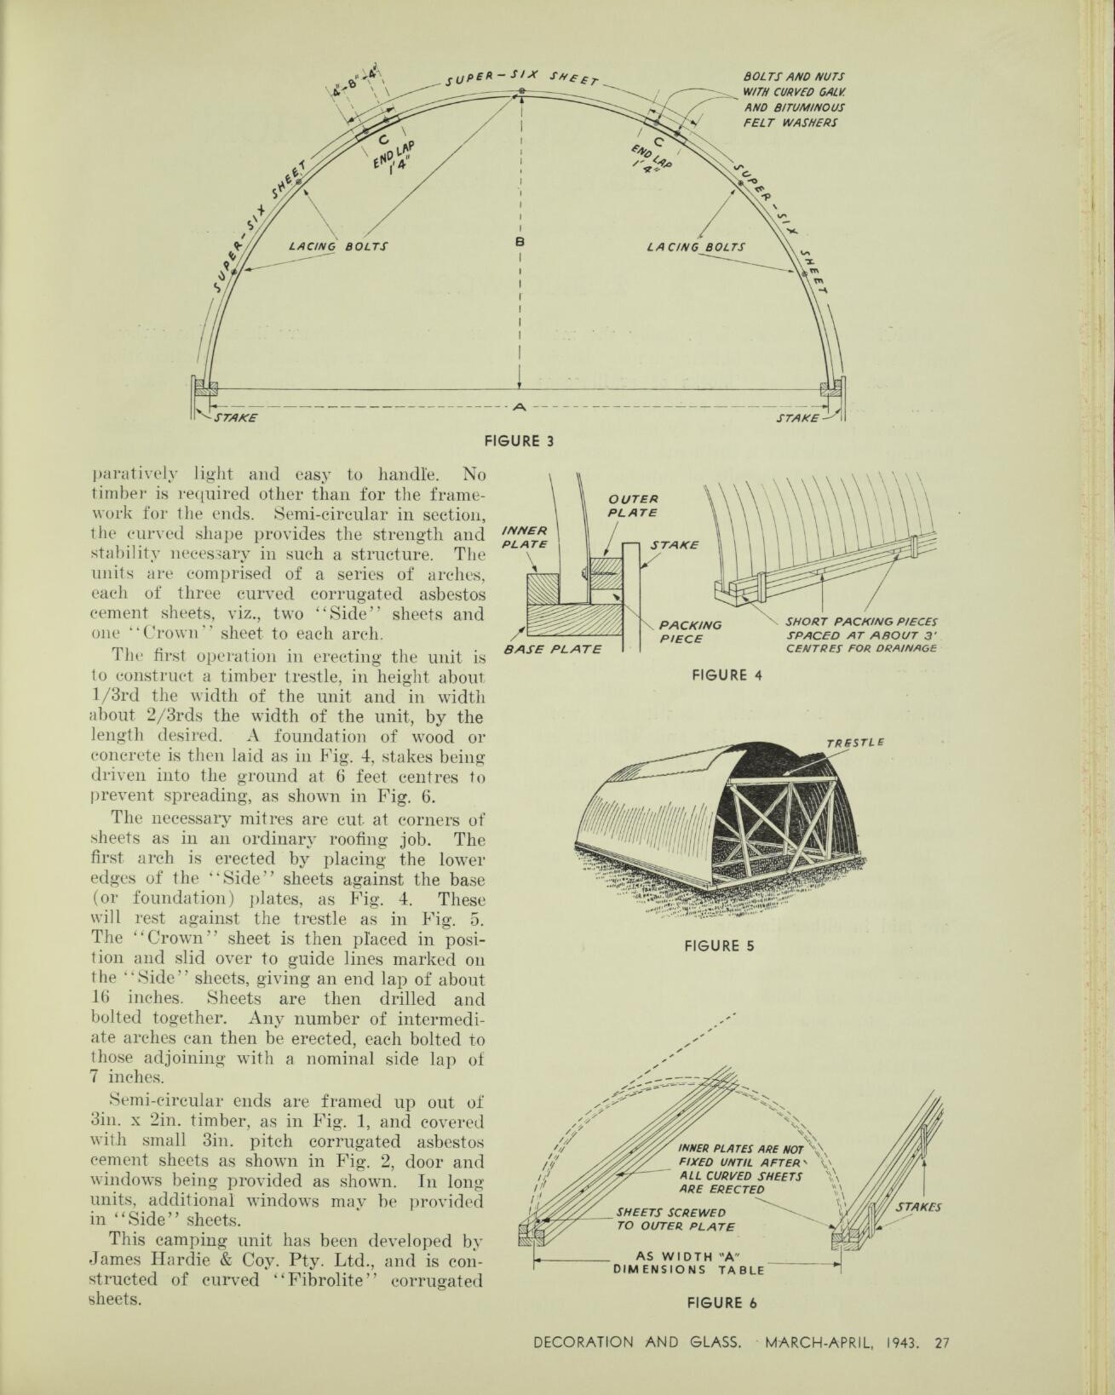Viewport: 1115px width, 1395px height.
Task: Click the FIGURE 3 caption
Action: coord(520,441)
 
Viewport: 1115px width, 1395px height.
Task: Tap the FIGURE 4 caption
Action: coord(727,675)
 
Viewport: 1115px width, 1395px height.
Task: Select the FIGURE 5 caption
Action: coord(720,945)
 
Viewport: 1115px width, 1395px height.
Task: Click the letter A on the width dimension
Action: coord(519,407)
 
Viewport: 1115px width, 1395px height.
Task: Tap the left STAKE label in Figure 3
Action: coord(234,417)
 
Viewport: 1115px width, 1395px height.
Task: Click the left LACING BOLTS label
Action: coord(338,247)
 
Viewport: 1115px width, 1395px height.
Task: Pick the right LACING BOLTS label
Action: coord(696,247)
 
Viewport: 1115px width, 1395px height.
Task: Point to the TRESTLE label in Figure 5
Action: coord(855,743)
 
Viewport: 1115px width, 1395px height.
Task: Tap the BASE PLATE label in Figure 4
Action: coord(552,649)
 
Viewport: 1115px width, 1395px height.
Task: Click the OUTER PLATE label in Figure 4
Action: coord(633,506)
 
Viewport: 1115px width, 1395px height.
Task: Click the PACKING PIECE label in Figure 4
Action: coord(690,632)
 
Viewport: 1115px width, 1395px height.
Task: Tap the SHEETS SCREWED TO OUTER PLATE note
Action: coord(675,1220)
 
